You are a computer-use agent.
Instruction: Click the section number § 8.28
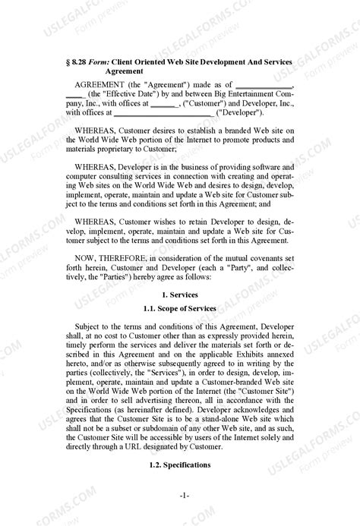(x=77, y=59)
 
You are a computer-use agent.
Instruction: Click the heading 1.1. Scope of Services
(x=180, y=308)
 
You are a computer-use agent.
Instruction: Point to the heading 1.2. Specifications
(x=180, y=465)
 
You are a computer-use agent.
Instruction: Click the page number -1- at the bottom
(x=184, y=496)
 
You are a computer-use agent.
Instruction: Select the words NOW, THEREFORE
(x=110, y=258)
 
